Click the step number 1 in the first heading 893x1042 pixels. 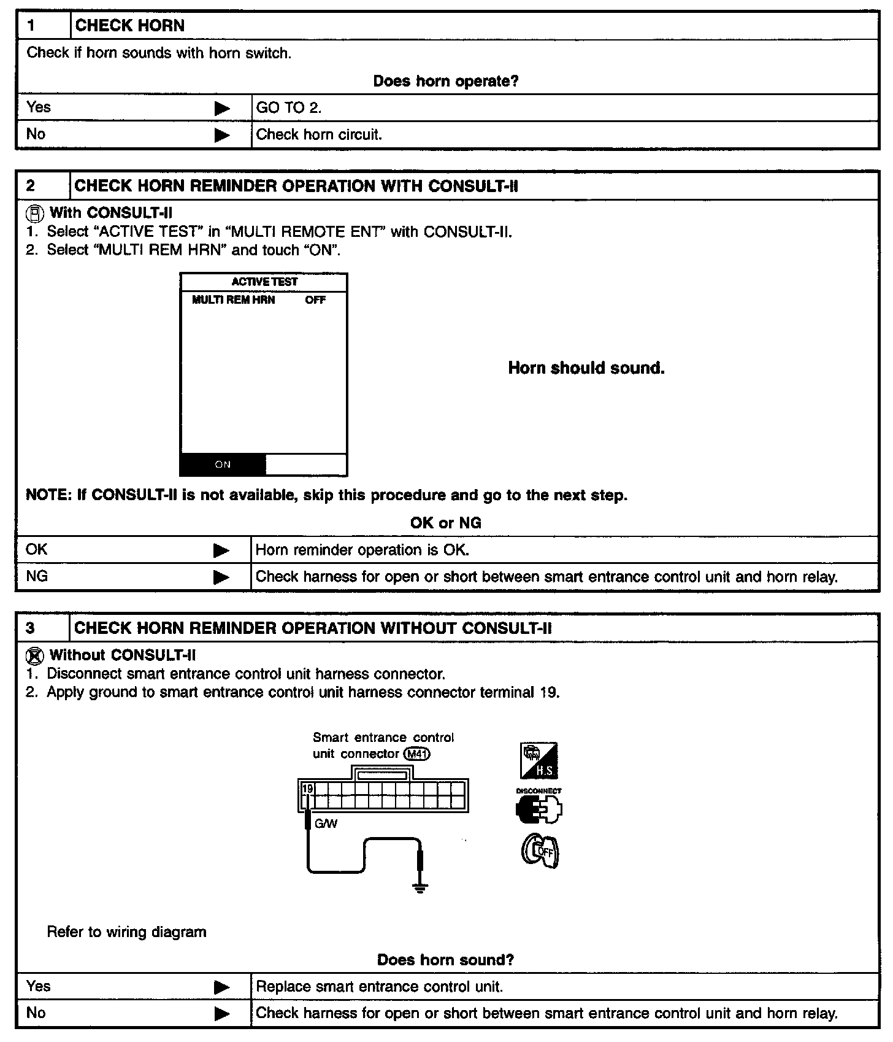tap(30, 26)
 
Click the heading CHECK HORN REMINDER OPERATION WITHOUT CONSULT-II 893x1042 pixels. tap(313, 628)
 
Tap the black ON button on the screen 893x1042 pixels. tap(223, 465)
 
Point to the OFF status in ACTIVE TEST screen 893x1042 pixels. tap(315, 300)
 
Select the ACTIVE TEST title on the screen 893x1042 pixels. tap(264, 282)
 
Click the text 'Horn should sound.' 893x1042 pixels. tap(586, 368)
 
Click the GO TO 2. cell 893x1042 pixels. tap(289, 108)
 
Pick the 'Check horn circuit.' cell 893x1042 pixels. tap(319, 135)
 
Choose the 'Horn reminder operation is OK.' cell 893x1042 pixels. tap(362, 550)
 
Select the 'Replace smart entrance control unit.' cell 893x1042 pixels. tap(379, 987)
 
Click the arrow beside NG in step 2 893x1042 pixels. tap(221, 577)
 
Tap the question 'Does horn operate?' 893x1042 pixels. tap(446, 81)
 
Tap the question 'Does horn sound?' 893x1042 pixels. tap(446, 960)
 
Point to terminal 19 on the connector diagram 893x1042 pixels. tap(308, 789)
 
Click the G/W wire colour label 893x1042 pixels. tap(326, 824)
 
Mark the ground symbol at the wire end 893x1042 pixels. tap(420, 888)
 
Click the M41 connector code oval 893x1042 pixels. tap(417, 754)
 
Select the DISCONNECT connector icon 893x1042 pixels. tap(539, 807)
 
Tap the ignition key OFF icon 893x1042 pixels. tap(540, 852)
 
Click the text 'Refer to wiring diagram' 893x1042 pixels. tap(127, 932)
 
